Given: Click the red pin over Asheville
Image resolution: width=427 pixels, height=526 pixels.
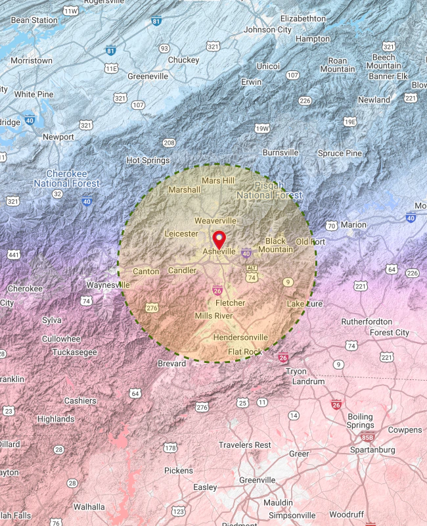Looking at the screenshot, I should (219, 238).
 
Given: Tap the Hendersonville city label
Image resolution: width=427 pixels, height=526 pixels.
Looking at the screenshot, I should (240, 337).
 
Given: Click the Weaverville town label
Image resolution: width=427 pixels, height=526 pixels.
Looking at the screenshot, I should (215, 220).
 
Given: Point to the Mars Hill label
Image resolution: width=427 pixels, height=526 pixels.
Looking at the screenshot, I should (218, 180).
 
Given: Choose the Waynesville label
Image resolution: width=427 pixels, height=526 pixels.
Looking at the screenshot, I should (108, 285).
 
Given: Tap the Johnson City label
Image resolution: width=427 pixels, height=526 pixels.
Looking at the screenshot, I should (267, 30).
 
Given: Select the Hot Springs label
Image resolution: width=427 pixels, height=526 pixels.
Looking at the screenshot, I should (148, 160).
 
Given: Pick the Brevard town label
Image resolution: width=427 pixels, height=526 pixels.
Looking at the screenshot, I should (172, 364).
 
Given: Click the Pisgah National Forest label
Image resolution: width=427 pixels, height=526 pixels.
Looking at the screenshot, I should (269, 190).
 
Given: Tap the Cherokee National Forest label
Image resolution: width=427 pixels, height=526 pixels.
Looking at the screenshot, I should (67, 178).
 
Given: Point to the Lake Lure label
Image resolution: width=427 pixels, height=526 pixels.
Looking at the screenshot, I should (305, 304).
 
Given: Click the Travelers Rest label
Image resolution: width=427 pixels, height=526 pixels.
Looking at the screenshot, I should (244, 445).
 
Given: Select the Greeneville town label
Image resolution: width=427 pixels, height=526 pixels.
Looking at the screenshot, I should (148, 76).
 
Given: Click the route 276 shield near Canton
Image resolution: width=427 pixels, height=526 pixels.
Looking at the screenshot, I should (152, 308).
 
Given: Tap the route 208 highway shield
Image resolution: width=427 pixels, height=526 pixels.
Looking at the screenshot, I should (169, 143).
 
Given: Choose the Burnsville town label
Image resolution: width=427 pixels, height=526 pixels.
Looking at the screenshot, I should (281, 153).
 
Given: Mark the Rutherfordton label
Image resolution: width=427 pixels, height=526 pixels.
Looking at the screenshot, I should (367, 322).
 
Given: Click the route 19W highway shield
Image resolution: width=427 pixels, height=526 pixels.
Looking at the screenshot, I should (262, 128).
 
